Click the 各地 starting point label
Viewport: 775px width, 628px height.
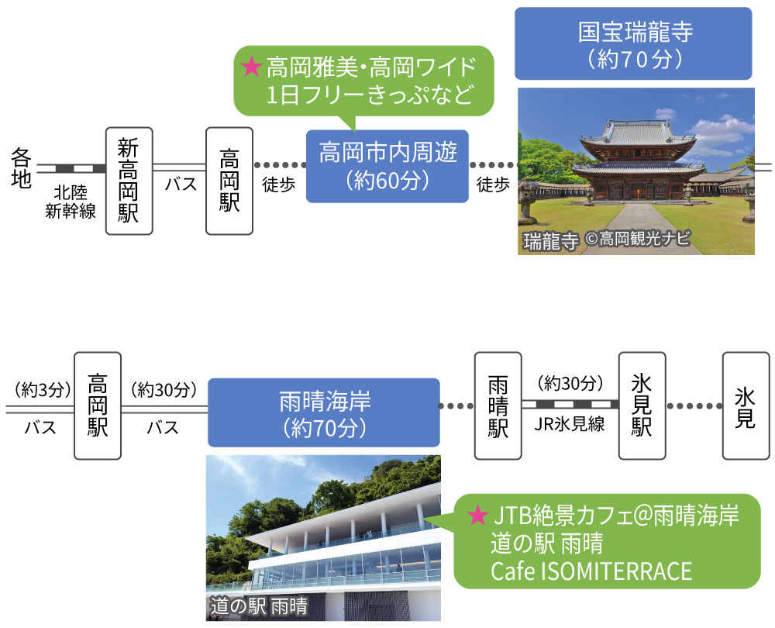(x=21, y=168)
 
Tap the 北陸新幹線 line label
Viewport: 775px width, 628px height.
(x=71, y=202)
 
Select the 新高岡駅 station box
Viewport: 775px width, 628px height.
(x=128, y=181)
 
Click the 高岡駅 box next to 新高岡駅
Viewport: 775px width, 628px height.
(x=229, y=181)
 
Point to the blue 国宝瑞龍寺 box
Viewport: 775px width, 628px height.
(x=633, y=43)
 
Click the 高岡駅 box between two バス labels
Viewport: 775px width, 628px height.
(x=98, y=405)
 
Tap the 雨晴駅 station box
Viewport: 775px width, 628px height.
(x=498, y=405)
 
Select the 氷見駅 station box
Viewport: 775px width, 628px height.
(x=642, y=405)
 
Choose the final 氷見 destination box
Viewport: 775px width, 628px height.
(x=745, y=405)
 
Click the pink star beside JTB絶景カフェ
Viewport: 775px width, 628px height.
(x=478, y=515)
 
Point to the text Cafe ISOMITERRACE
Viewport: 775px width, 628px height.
(x=591, y=571)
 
